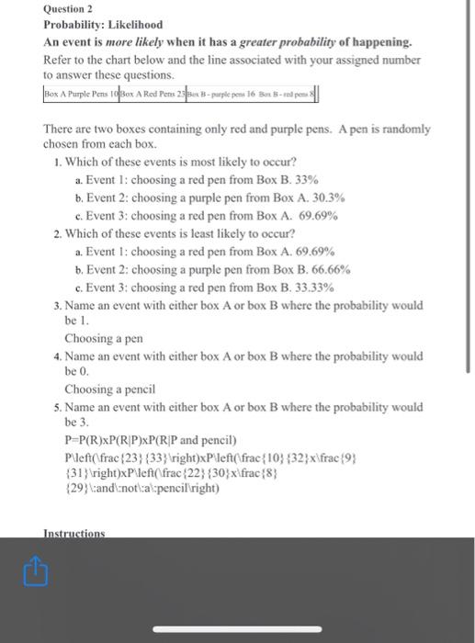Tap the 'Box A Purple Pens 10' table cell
(x=82, y=95)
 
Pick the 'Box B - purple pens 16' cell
(x=221, y=95)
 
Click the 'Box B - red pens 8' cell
(x=288, y=95)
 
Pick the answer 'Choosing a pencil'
(x=109, y=389)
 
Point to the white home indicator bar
(x=237, y=631)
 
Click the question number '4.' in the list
(x=57, y=355)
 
